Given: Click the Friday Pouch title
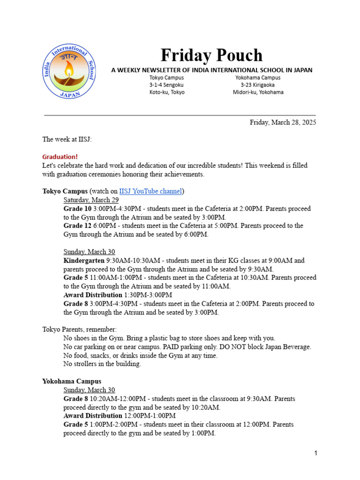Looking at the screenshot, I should (211, 55).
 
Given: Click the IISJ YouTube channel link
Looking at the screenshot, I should (150, 191).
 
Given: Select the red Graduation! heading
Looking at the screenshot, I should (60, 157).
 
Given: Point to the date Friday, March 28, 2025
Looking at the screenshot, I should (283, 122).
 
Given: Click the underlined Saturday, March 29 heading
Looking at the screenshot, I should (91, 200).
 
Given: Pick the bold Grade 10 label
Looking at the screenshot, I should (77, 208).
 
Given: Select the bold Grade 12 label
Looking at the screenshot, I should (77, 225).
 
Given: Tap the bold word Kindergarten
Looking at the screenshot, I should (84, 260).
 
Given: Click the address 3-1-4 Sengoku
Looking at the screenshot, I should (166, 85).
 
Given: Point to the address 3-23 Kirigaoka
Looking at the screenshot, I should (258, 85).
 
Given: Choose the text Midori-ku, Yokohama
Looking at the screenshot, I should (258, 92).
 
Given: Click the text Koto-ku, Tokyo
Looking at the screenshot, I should (167, 92).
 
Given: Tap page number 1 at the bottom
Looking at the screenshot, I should (316, 453).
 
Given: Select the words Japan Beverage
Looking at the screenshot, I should (288, 347).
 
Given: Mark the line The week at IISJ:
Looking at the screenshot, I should (67, 139).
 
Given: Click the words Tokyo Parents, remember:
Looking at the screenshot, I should (79, 330).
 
